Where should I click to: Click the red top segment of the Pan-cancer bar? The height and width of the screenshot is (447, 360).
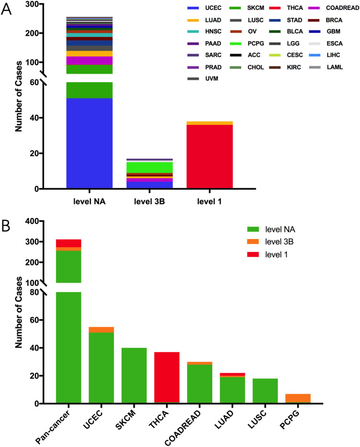point(68,243)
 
